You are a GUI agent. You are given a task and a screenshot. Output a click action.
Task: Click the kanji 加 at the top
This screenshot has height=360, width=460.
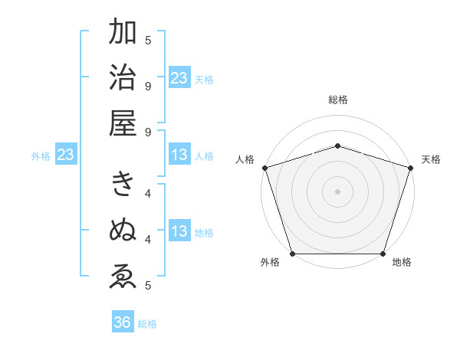(123, 32)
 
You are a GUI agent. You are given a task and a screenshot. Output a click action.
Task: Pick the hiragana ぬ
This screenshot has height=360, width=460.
(123, 230)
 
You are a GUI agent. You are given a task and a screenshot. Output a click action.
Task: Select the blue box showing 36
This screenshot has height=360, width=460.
(123, 322)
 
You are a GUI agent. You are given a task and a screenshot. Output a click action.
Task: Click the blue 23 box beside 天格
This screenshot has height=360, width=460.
(179, 77)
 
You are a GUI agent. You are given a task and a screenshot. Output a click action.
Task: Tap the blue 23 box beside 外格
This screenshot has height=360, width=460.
(66, 155)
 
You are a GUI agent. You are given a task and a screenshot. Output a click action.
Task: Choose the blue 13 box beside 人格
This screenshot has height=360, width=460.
(179, 155)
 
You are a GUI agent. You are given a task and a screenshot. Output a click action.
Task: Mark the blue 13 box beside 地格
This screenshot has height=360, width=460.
(179, 231)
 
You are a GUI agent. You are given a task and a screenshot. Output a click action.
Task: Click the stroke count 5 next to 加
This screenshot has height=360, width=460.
(148, 40)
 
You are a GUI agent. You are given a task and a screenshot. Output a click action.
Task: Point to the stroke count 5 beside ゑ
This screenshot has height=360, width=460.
(148, 286)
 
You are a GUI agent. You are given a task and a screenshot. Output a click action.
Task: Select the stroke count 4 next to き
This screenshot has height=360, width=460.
(148, 193)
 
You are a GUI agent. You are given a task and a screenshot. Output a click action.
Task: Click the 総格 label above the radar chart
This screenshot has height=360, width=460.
(338, 100)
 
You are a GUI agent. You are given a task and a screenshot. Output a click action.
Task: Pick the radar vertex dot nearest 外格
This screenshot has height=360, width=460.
(293, 254)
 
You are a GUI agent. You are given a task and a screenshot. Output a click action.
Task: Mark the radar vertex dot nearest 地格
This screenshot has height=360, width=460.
(383, 254)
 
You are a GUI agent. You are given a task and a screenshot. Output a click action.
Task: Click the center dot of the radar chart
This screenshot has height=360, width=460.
(337, 191)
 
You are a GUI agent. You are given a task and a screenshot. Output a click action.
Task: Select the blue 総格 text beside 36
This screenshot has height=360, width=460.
(147, 323)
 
